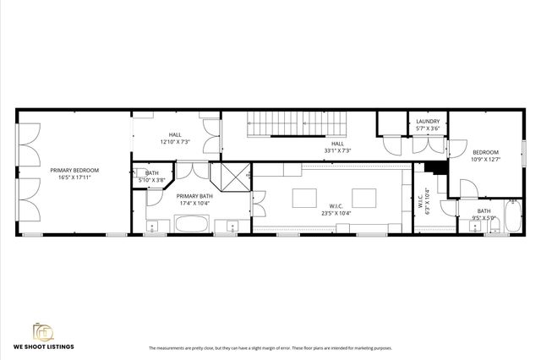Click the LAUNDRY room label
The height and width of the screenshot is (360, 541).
[x=428, y=122]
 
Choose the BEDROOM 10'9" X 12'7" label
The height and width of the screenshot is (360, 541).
[x=484, y=152]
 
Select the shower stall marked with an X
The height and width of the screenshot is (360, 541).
[x=231, y=178]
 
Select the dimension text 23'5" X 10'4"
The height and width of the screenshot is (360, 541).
[x=334, y=213]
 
